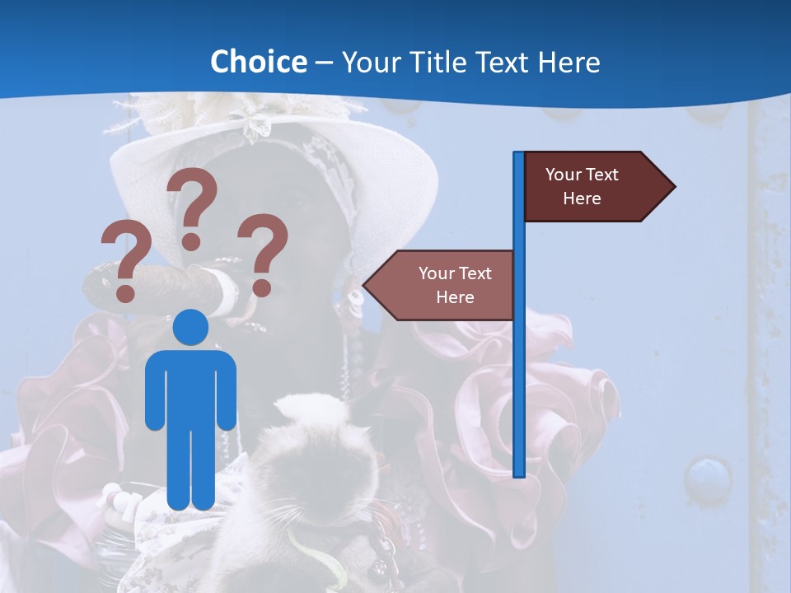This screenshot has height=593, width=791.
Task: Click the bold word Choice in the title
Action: pyautogui.click(x=258, y=62)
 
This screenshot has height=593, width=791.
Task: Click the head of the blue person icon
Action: pyautogui.click(x=191, y=327)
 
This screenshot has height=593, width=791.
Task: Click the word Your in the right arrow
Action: pyautogui.click(x=564, y=175)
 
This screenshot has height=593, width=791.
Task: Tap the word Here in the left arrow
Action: pyautogui.click(x=455, y=297)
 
